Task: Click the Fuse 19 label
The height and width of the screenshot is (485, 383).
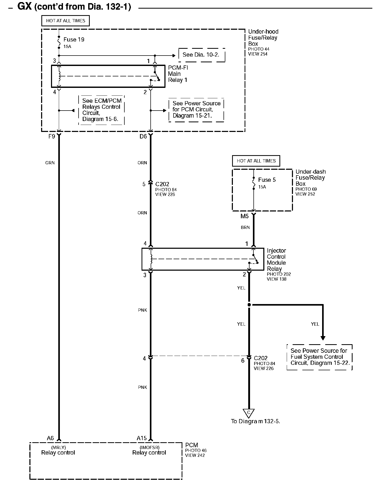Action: click(74, 40)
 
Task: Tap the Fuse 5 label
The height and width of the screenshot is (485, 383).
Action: click(267, 180)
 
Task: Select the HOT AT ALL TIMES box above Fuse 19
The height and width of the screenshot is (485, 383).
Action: click(66, 21)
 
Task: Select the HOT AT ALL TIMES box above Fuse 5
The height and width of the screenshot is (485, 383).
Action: click(256, 161)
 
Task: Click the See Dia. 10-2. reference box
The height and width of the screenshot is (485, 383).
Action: click(201, 55)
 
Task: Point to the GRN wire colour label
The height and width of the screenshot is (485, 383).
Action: click(50, 163)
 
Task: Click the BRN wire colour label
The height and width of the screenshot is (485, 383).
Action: click(245, 227)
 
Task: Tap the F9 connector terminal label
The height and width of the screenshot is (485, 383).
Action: click(52, 136)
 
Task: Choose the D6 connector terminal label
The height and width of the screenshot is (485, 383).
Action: click(143, 136)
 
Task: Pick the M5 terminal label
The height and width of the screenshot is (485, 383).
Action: click(244, 216)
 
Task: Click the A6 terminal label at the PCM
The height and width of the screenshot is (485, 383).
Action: click(50, 438)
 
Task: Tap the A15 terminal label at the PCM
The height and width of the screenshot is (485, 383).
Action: click(142, 438)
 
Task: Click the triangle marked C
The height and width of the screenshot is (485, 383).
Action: click(249, 413)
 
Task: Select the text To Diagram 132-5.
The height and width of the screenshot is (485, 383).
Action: click(256, 421)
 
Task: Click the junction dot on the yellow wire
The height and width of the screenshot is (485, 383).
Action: click(249, 305)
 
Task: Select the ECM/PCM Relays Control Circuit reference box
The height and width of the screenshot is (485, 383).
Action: click(101, 110)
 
